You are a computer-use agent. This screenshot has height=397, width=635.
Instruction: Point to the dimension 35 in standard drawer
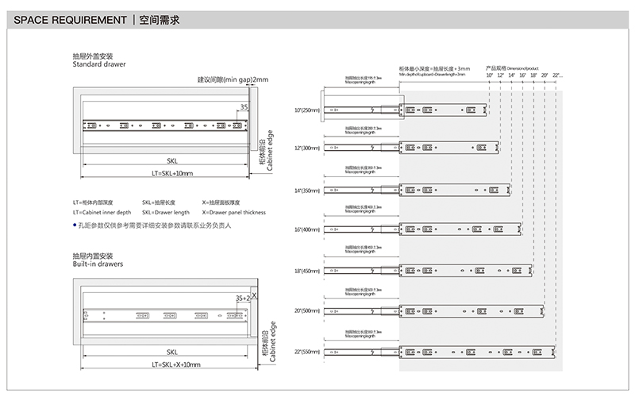243,106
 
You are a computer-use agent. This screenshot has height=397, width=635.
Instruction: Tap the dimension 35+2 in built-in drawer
241,297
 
